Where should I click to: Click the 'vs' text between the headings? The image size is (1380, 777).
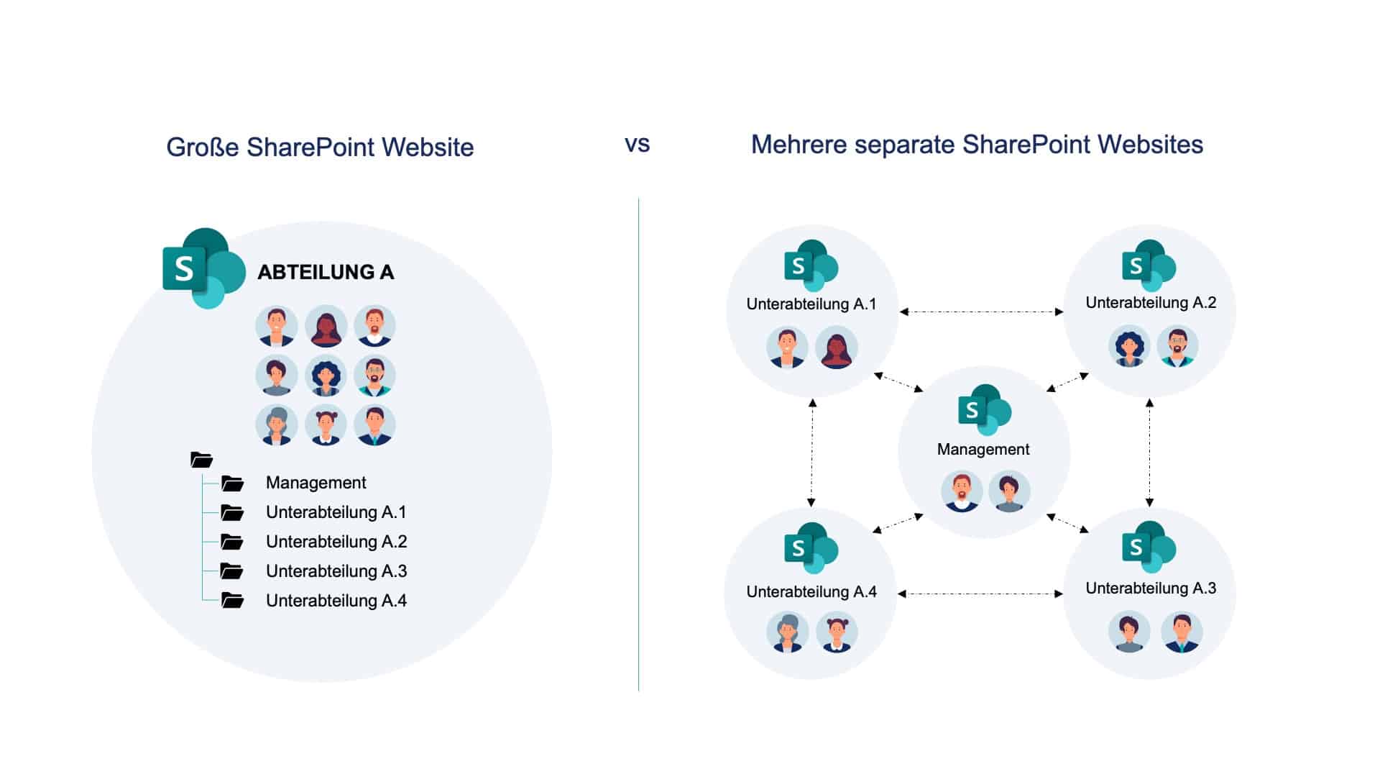pos(637,144)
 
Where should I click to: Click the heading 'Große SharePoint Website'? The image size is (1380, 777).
pos(320,147)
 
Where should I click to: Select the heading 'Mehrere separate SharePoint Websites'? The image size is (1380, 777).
pos(977,145)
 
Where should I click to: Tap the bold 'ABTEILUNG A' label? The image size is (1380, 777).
pos(326,272)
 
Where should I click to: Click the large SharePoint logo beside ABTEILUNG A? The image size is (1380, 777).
pos(203,268)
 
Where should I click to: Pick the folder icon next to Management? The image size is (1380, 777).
pos(232,483)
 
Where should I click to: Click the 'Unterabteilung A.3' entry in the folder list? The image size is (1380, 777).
pos(336,571)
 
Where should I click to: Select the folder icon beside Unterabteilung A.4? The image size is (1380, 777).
pos(232,600)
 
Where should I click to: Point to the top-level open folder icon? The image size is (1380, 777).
pos(201,460)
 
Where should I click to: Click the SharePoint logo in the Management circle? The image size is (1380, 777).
pos(984,410)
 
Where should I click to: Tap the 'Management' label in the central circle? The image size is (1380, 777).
pos(983,450)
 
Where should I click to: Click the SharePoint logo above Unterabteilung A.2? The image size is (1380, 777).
pos(1148,265)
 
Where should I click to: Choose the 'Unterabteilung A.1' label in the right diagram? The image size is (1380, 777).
pos(811,304)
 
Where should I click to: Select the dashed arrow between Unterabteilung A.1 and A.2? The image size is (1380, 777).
pos(981,312)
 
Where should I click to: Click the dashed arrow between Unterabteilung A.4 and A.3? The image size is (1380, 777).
pos(980,594)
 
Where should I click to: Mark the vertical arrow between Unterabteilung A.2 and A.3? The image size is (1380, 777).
pos(1149,453)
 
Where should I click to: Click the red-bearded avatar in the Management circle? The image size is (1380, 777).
pos(962,491)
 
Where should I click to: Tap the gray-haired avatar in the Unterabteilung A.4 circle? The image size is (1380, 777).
pos(788,632)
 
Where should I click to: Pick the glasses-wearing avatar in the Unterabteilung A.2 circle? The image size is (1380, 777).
pos(1177,346)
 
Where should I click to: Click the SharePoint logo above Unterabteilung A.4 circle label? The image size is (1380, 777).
pos(811,548)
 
